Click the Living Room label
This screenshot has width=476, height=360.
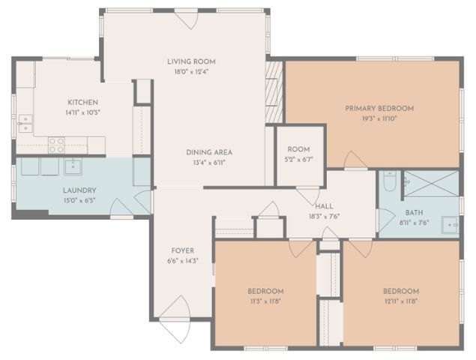191,61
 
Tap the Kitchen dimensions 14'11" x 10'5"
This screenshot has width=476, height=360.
83,112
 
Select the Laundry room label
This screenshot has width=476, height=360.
79,190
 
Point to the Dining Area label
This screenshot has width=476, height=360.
209,152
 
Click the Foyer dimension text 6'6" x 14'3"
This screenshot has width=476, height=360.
183,261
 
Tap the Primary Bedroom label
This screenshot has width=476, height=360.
379,109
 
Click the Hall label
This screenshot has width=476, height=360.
324,206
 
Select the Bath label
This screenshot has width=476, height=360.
414,213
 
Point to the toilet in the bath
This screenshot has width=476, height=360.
390,181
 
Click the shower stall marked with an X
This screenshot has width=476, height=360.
431,184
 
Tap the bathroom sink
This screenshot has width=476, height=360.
450,225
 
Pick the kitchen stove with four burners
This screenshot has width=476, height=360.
57,145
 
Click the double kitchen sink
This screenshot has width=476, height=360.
25,124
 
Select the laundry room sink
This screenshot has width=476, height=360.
73,166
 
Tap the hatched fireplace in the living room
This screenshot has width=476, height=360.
274,92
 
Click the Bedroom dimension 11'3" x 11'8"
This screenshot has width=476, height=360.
265,301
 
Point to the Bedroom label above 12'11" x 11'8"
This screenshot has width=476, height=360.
401,291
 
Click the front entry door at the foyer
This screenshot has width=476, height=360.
175,319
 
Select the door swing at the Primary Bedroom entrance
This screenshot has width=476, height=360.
355,160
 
